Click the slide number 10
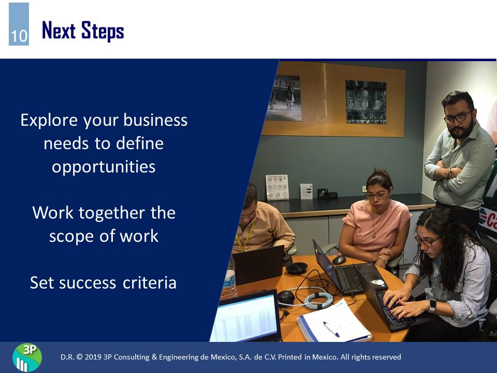click(19, 36)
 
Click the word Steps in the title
click(103, 31)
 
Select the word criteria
click(149, 283)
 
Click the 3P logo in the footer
click(27, 357)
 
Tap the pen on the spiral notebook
click(331, 329)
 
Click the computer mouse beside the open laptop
click(339, 260)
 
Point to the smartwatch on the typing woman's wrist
click(432, 306)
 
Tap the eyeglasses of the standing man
click(457, 118)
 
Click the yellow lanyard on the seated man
click(245, 236)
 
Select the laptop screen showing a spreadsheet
click(245, 318)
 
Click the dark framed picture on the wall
click(366, 102)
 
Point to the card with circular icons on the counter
click(277, 188)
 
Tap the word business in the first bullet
click(156, 120)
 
